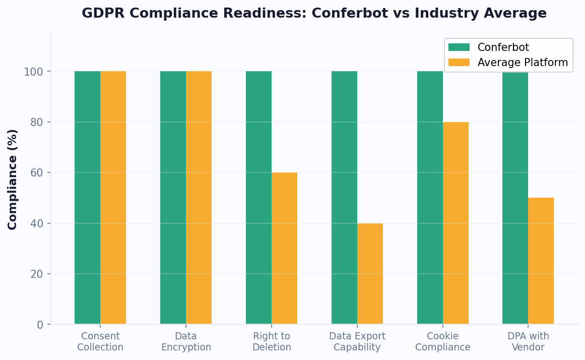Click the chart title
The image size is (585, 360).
pos(314,14)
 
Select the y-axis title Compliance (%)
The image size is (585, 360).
pos(13,179)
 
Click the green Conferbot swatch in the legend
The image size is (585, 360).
pos(459,47)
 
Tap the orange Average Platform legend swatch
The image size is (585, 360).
pos(459,63)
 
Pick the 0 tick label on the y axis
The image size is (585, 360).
pos(40,325)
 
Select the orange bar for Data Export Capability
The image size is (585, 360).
pos(370,274)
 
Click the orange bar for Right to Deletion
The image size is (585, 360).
pos(284,248)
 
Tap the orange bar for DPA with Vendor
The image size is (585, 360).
pos(541,261)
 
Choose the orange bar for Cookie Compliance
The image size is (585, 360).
pos(456,223)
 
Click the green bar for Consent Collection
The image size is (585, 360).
pos(87,198)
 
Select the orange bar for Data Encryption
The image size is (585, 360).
pos(199,198)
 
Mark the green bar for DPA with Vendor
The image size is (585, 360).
pos(515,198)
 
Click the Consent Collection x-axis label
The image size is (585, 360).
pos(100,342)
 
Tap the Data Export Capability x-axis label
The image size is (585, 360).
pos(357,342)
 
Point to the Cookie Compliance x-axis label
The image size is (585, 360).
pos(442,342)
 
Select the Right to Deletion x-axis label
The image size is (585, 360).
pos(272,342)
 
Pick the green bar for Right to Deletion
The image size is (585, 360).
pos(258,198)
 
